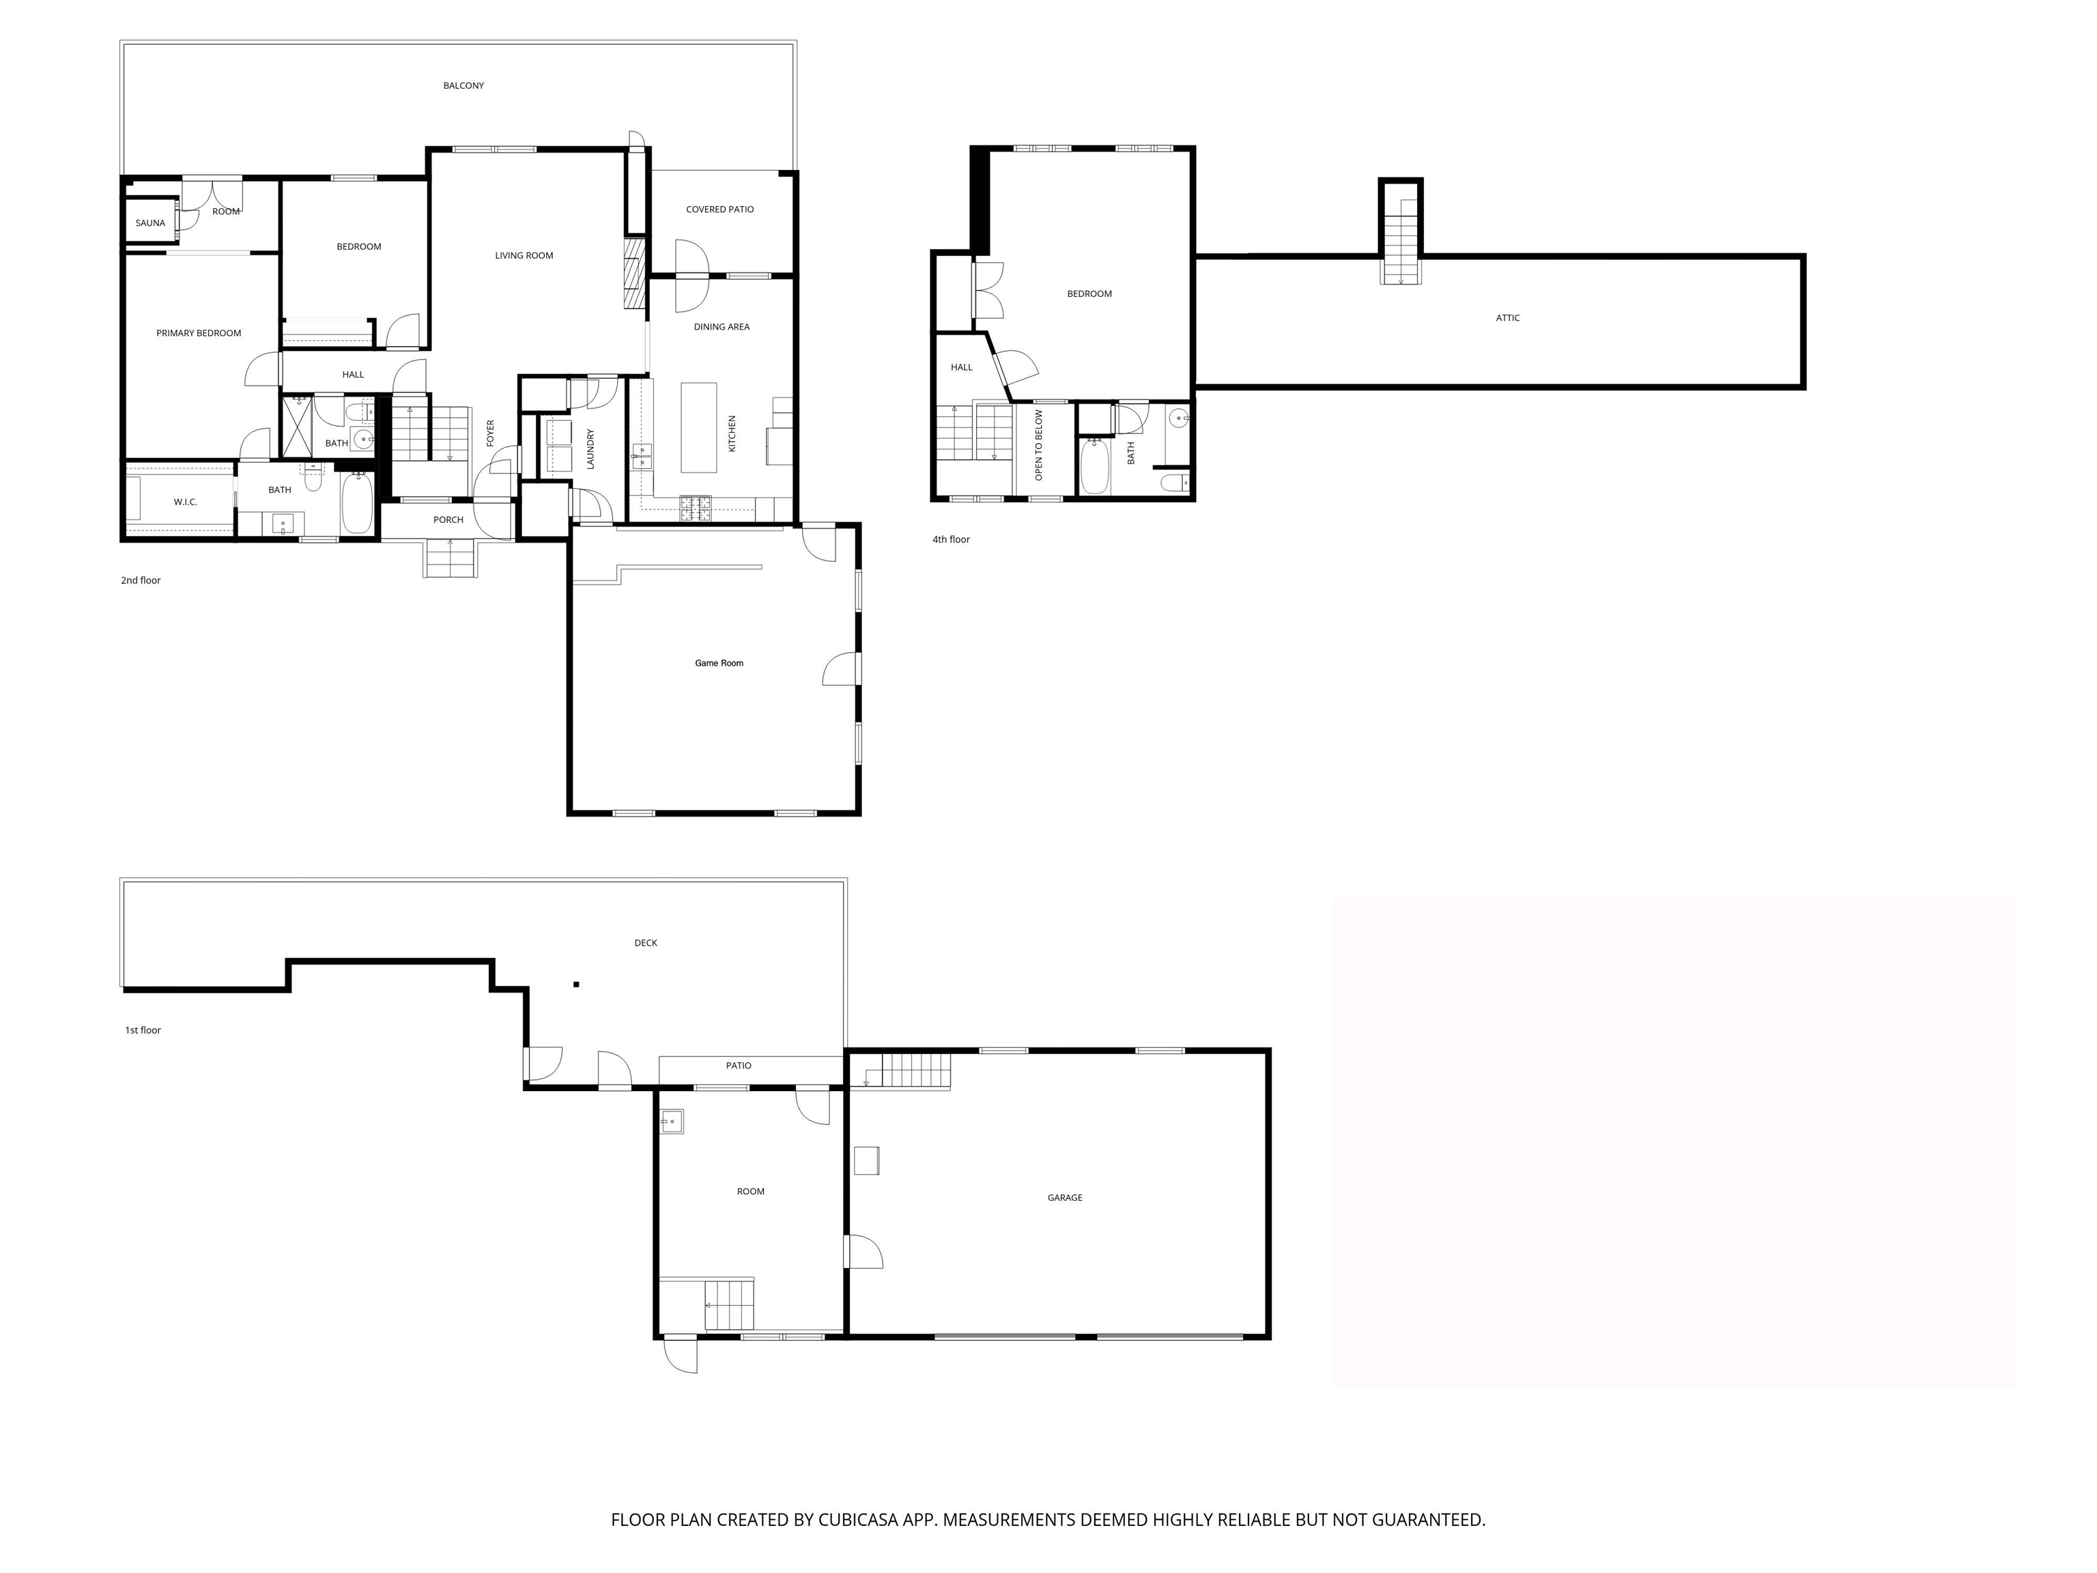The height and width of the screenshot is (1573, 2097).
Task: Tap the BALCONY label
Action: (x=463, y=86)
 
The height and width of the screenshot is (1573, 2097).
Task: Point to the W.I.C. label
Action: (x=185, y=502)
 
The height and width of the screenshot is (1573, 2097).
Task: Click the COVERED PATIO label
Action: (x=719, y=210)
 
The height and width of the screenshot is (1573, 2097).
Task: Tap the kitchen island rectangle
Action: (x=699, y=427)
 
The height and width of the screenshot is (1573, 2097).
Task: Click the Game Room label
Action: (x=719, y=664)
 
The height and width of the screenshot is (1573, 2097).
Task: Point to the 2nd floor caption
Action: (x=141, y=581)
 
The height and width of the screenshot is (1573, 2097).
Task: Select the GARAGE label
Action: (x=1065, y=1198)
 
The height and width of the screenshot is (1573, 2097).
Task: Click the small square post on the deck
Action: (x=576, y=985)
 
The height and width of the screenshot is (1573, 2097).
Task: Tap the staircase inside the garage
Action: (x=915, y=1071)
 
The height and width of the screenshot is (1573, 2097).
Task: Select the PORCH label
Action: (x=448, y=520)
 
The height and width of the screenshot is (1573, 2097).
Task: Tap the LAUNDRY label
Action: (x=590, y=449)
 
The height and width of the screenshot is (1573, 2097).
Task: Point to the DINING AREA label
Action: (x=722, y=327)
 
